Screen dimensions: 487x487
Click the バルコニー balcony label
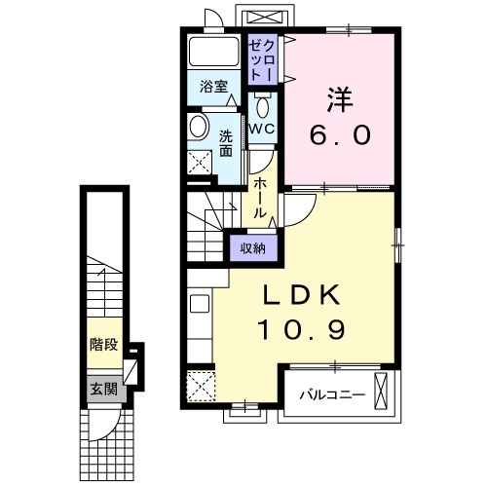(332, 395)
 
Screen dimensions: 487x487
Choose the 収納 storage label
(253, 248)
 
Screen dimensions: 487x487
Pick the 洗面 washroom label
(226, 143)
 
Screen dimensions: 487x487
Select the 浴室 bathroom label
(214, 87)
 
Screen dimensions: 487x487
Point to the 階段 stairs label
(103, 344)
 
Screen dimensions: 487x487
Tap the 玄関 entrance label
(103, 389)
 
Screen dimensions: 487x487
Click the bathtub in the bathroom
(213, 54)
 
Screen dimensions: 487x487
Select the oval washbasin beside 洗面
(199, 127)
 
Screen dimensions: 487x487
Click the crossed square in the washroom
(201, 162)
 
